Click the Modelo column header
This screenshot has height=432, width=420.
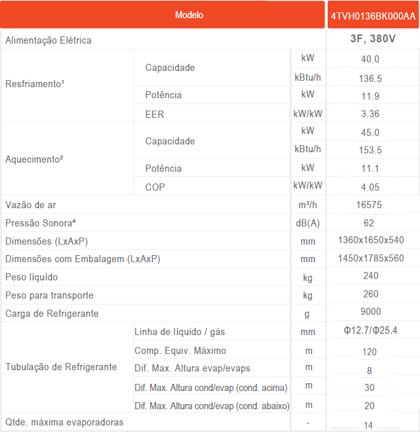pyautogui.click(x=189, y=15)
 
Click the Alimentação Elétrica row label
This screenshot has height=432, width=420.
pyautogui.click(x=49, y=40)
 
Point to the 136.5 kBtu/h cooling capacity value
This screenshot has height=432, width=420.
pyautogui.click(x=370, y=78)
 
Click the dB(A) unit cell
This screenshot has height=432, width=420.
pyautogui.click(x=308, y=223)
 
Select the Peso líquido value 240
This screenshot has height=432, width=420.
pyautogui.click(x=371, y=276)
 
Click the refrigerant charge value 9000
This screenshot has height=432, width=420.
pyautogui.click(x=371, y=312)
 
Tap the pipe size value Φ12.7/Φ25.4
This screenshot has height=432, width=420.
pyautogui.click(x=371, y=331)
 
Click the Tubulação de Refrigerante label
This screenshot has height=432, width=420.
pyautogui.click(x=61, y=367)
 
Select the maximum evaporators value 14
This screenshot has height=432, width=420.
pyautogui.click(x=369, y=424)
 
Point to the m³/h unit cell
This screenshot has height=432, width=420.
pyautogui.click(x=308, y=205)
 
